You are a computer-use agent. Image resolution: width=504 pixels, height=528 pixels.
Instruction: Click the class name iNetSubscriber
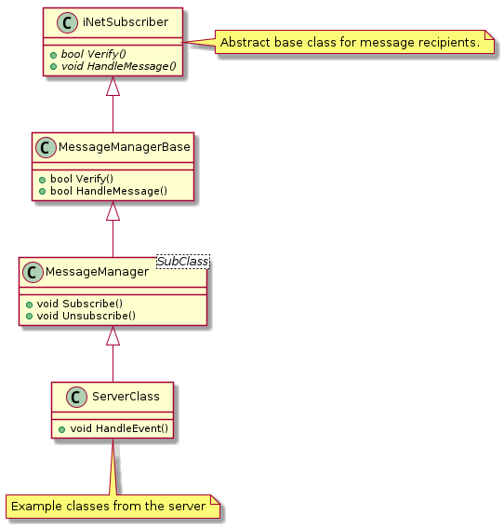point(126,22)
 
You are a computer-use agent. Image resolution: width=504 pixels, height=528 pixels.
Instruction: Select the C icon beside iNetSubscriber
point(67,23)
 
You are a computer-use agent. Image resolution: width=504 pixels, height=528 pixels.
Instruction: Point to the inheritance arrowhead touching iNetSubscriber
point(113,86)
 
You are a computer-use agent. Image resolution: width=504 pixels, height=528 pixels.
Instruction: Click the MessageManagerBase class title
point(124,147)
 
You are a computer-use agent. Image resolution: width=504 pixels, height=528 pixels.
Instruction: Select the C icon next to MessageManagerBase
point(46,147)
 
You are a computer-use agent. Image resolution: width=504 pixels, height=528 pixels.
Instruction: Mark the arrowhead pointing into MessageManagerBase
point(113,210)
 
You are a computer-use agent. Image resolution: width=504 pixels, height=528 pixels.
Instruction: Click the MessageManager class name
point(97,272)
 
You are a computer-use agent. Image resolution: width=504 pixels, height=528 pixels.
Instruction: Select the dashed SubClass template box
point(183,262)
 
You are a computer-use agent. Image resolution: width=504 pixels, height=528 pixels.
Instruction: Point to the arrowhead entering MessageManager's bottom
point(113,335)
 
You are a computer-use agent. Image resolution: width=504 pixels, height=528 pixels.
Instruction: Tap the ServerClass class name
point(126,397)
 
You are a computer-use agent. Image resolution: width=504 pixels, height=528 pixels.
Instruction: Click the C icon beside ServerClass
point(76,397)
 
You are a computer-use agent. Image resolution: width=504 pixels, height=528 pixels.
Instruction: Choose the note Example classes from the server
point(113,507)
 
